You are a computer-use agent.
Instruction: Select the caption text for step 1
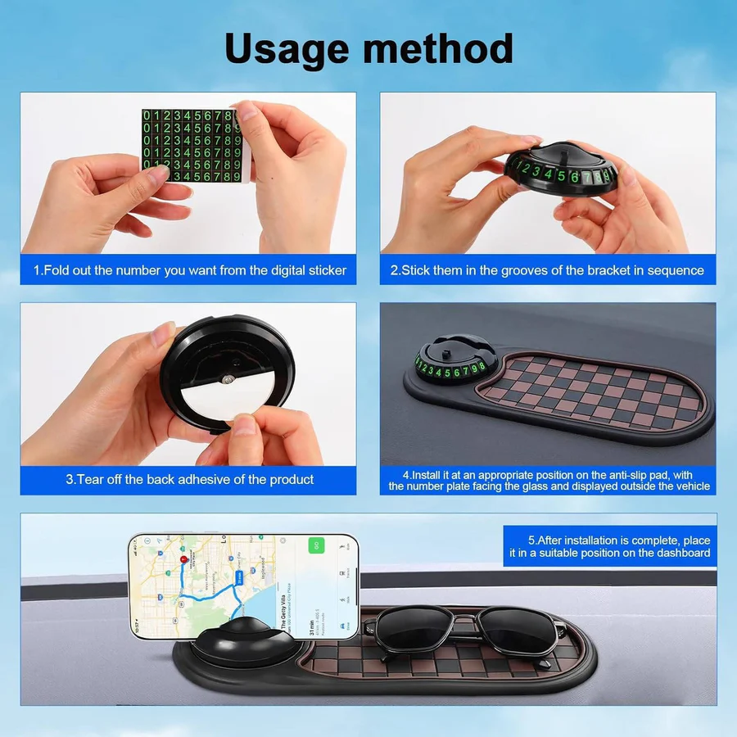point(189,269)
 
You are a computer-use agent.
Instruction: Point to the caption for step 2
point(547,269)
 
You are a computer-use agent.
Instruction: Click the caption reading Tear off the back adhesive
point(189,479)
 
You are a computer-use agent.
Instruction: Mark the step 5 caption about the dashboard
point(609,546)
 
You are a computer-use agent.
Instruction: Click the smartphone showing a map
point(243,587)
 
